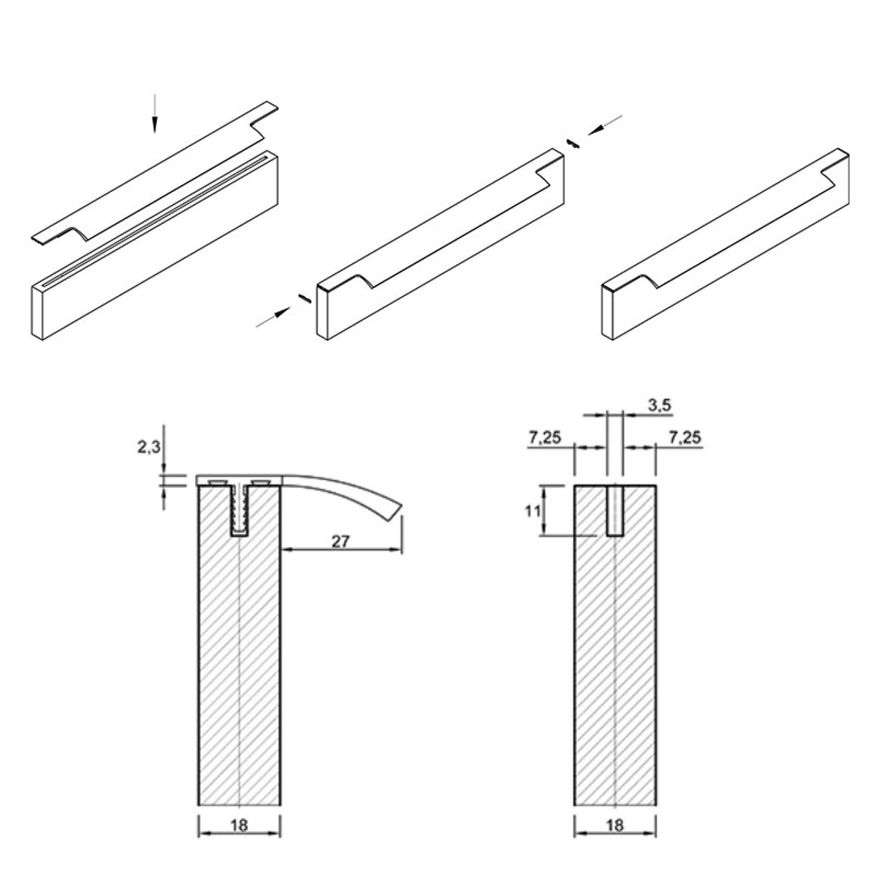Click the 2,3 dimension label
tap(149, 447)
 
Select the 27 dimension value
tap(341, 541)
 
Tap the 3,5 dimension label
tap(660, 405)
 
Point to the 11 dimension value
tap(533, 511)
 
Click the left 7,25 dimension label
tap(544, 437)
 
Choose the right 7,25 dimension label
tap(684, 437)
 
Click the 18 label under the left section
tap(239, 825)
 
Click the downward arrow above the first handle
tap(155, 114)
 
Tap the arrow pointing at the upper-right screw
tap(605, 124)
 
